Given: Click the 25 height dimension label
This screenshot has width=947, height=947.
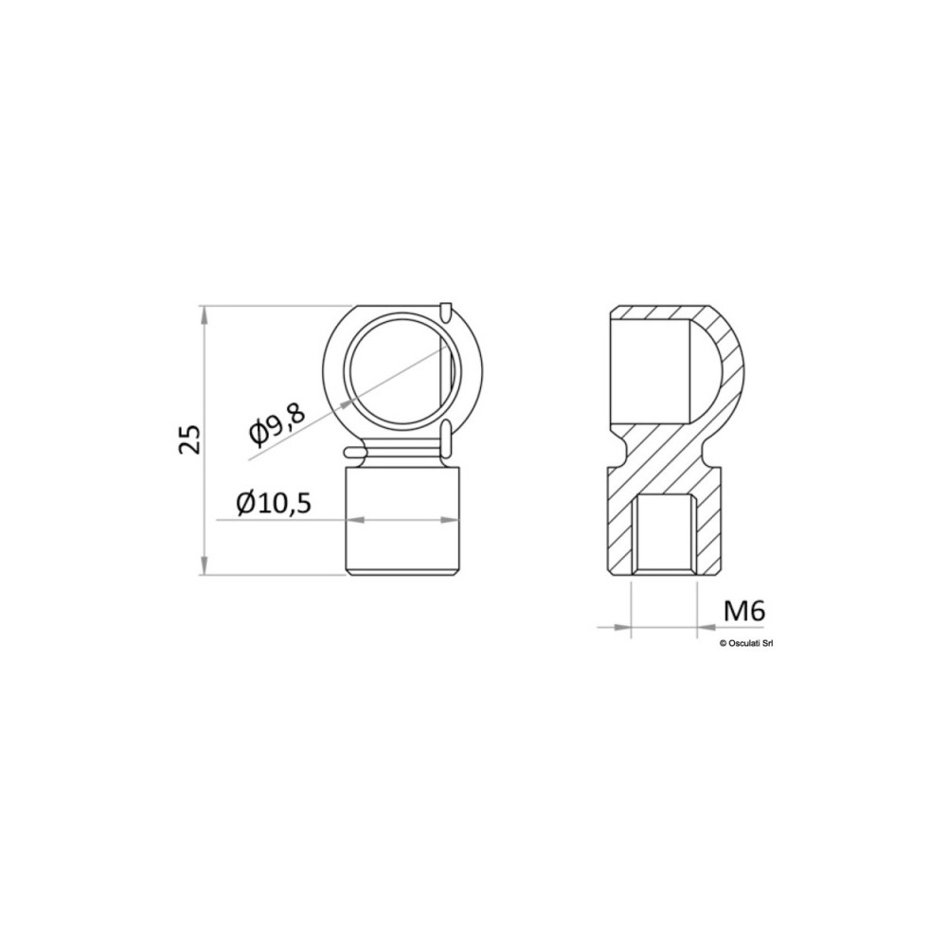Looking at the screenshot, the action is pyautogui.click(x=189, y=439).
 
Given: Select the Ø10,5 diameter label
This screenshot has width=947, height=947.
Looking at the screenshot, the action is pyautogui.click(x=275, y=503).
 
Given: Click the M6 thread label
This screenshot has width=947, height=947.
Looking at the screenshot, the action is pyautogui.click(x=744, y=611).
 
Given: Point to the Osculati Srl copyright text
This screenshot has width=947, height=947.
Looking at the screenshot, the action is pyautogui.click(x=746, y=644).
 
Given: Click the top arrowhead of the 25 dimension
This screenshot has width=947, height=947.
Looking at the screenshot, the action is pyautogui.click(x=205, y=315).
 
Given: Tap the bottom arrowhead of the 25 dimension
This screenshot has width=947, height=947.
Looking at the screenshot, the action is pyautogui.click(x=205, y=565).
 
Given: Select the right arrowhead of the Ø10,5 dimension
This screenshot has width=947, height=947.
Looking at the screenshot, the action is pyautogui.click(x=450, y=519).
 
